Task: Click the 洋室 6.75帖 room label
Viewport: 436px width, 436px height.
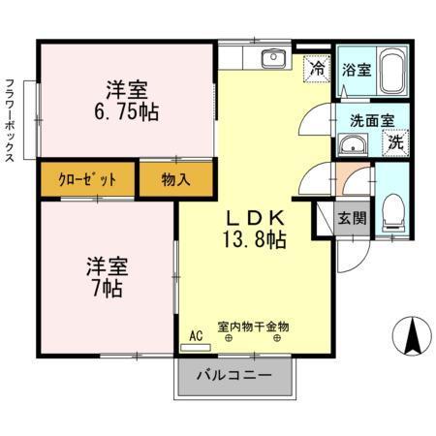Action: (127, 101)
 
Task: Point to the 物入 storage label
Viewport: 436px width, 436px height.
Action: (176, 180)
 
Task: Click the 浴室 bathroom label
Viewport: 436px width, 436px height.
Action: (356, 70)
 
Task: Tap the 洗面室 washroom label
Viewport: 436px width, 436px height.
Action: (371, 121)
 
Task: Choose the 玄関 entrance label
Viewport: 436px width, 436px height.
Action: (352, 217)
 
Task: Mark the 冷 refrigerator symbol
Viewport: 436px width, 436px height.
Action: (316, 69)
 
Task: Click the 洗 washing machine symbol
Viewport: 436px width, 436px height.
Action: (395, 142)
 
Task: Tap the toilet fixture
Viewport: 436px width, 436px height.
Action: (392, 207)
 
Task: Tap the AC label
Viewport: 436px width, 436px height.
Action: (196, 336)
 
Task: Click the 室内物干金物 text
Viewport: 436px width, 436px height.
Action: (253, 327)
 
